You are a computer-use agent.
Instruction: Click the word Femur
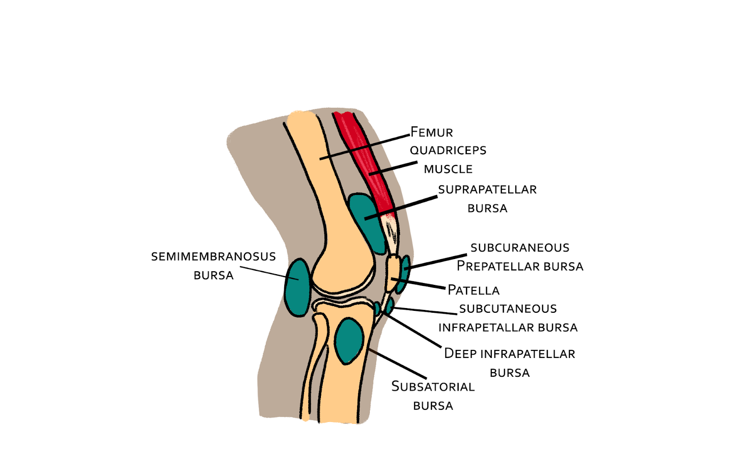click(432, 132)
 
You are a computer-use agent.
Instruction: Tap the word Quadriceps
click(448, 150)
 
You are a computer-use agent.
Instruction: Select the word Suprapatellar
click(487, 189)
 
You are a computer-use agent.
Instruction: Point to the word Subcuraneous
click(520, 248)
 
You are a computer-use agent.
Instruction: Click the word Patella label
click(473, 290)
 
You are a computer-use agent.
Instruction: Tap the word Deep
click(460, 354)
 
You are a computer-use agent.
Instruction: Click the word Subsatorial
click(433, 387)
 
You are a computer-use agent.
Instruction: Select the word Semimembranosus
click(213, 257)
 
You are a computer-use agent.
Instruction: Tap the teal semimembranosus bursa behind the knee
click(297, 287)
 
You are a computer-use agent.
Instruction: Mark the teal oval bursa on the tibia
click(349, 341)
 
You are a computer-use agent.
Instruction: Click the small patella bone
click(393, 273)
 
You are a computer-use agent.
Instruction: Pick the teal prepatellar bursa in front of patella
click(404, 273)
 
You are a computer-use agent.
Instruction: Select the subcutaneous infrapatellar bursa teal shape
click(389, 306)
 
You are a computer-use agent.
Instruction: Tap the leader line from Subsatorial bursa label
click(398, 364)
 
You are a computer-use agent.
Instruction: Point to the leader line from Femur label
click(365, 147)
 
